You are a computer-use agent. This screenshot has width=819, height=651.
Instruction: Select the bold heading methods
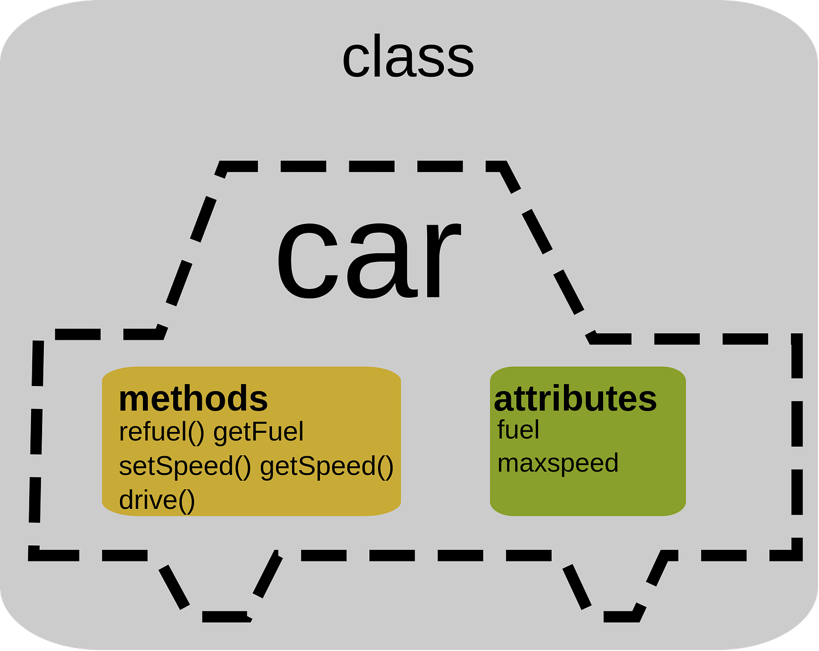pyautogui.click(x=193, y=399)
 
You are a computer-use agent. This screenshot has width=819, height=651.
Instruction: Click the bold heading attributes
pyautogui.click(x=575, y=399)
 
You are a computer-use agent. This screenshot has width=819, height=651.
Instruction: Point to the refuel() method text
pyautogui.click(x=161, y=432)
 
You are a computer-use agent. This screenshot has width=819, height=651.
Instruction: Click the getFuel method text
pyautogui.click(x=259, y=432)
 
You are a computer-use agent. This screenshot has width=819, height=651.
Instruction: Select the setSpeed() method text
pyautogui.click(x=185, y=466)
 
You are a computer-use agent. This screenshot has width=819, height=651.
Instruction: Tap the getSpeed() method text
pyautogui.click(x=326, y=466)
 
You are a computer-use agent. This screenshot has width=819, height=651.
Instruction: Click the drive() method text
pyautogui.click(x=157, y=500)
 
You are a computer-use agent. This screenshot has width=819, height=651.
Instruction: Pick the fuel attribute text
pyautogui.click(x=518, y=430)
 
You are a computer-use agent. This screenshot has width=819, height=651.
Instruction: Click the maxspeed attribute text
pyautogui.click(x=558, y=463)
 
